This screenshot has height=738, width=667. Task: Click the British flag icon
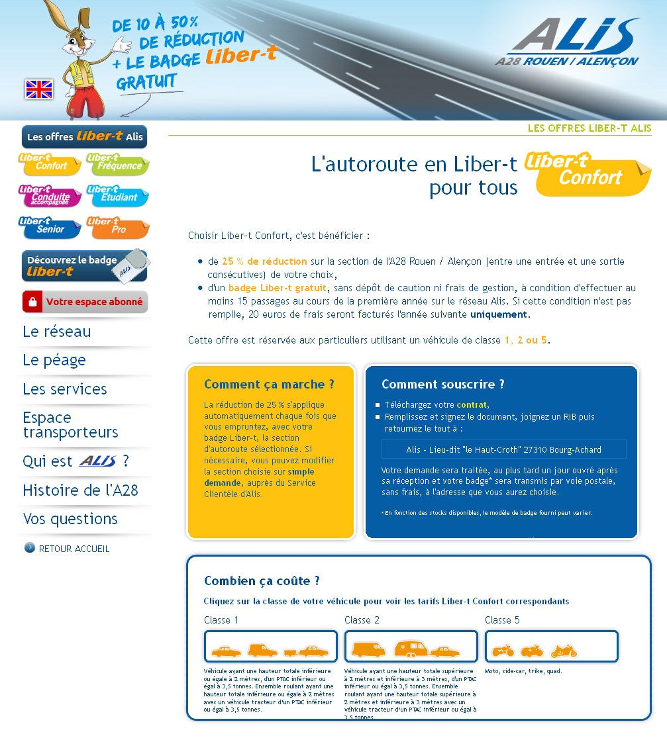(x=39, y=89)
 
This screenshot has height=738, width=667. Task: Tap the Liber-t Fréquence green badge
(x=117, y=163)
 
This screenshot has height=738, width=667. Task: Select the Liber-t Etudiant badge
(x=117, y=195)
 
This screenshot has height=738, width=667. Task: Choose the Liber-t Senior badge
(x=50, y=227)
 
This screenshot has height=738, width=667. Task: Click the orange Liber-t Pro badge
(x=117, y=227)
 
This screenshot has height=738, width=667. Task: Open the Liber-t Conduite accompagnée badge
(x=50, y=195)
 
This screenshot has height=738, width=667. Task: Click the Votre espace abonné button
(x=85, y=302)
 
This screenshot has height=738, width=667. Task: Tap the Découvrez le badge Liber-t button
(x=85, y=265)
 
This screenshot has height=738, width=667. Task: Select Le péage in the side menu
(x=54, y=360)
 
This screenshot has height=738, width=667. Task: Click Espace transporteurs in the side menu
(x=70, y=425)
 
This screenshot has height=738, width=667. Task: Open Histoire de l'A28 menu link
(x=80, y=490)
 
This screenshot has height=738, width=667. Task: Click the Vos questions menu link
(x=70, y=519)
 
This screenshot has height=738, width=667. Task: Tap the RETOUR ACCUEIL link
(x=74, y=549)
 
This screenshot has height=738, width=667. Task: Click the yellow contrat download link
(x=471, y=404)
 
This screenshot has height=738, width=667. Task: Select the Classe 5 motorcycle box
(x=551, y=647)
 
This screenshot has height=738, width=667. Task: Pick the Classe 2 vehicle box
(x=411, y=647)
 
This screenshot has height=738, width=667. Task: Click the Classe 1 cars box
(x=270, y=647)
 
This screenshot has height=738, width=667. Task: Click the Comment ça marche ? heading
(x=269, y=385)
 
